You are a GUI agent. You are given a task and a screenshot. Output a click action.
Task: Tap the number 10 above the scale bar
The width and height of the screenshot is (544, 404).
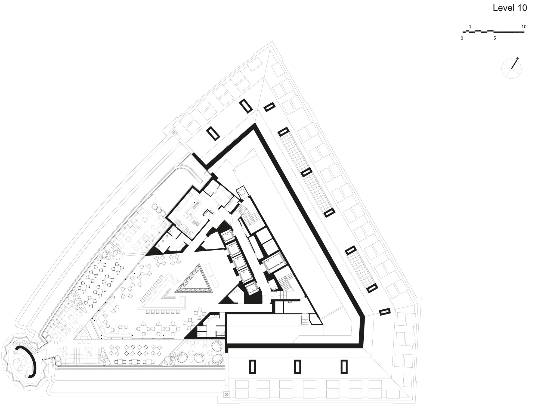[x=524, y=27]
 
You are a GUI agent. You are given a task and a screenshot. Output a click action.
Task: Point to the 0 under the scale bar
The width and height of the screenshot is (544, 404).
[x=462, y=38]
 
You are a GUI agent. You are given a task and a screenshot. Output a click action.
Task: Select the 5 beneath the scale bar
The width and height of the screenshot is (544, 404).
[x=494, y=38]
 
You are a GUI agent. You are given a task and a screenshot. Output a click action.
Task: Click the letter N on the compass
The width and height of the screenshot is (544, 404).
[x=517, y=59]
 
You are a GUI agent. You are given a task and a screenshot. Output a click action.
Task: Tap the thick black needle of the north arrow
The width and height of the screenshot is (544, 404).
[x=514, y=64]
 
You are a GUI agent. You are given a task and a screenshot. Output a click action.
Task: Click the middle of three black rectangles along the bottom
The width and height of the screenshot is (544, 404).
[x=298, y=366]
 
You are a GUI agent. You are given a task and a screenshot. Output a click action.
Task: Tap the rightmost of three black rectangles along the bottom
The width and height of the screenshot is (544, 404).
[x=344, y=366]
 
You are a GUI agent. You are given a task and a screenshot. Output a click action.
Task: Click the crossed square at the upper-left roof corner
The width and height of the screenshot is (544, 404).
[x=172, y=132]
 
